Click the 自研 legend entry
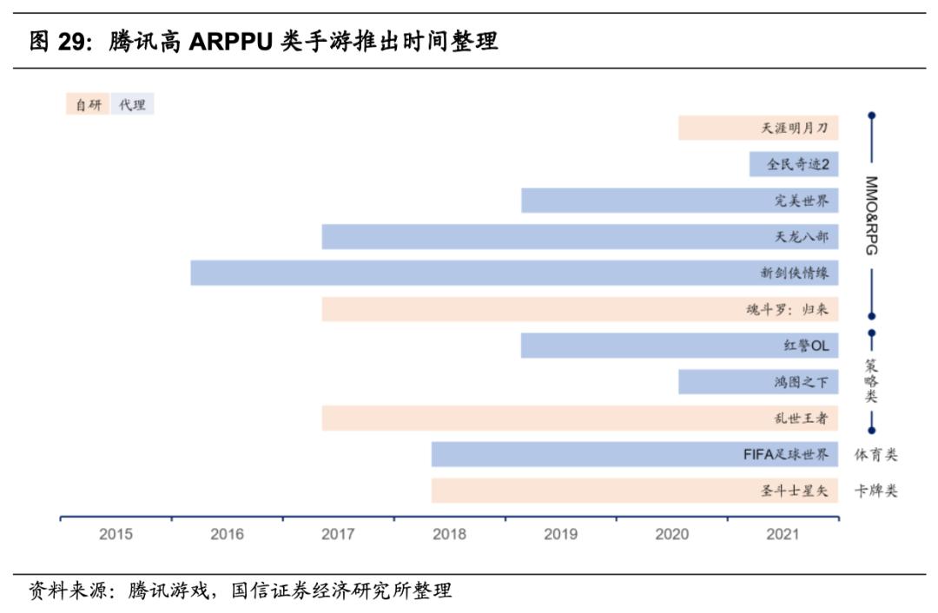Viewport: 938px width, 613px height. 88,105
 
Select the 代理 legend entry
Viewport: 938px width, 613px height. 132,105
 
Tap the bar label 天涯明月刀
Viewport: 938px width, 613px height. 795,129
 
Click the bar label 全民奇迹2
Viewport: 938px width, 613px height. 797,164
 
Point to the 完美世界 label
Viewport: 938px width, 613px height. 801,201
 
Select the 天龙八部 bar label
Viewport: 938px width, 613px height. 801,237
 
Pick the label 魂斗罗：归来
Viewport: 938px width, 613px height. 787,309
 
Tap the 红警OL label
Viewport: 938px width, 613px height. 806,346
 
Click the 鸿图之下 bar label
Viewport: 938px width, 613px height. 801,382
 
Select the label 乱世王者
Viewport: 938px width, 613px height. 801,419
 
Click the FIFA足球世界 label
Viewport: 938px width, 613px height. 785,454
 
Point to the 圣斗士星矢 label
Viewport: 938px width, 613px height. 794,491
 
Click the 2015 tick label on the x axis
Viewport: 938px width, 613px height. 116,534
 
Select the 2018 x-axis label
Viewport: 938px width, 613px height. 449,534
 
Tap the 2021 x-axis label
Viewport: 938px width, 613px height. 783,534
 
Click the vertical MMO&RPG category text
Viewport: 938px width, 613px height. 871,215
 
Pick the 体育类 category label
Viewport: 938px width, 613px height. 875,454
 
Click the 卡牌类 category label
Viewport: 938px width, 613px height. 875,491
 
